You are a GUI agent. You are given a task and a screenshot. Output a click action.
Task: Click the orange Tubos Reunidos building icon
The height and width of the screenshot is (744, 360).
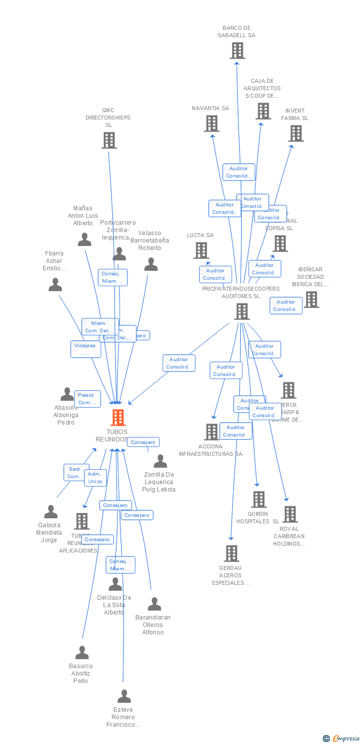click(x=118, y=418)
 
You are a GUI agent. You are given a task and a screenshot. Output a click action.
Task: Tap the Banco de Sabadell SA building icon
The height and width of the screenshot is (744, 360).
click(x=238, y=50)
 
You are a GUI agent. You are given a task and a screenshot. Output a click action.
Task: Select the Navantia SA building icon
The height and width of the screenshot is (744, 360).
click(x=212, y=124)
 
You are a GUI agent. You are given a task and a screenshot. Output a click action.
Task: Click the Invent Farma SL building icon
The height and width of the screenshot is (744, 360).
click(x=296, y=133)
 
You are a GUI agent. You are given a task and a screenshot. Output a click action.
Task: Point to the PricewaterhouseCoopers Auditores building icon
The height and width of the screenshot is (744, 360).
click(x=241, y=311)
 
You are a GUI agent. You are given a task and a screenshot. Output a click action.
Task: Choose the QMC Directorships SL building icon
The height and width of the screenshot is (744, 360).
click(x=109, y=140)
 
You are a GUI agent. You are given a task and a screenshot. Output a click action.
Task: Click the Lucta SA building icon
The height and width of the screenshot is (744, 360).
click(x=201, y=250)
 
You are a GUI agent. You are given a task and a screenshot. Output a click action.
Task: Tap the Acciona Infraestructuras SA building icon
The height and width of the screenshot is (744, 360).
click(x=212, y=432)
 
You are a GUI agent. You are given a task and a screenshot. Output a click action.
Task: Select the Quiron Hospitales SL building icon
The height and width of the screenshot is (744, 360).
click(x=259, y=499)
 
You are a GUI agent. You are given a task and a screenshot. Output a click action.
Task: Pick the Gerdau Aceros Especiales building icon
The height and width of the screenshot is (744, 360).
click(x=232, y=554)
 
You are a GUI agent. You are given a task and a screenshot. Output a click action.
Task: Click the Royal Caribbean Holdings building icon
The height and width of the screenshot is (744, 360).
click(x=290, y=514)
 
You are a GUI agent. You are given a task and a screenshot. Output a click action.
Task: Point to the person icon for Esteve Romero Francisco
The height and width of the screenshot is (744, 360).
click(x=124, y=696)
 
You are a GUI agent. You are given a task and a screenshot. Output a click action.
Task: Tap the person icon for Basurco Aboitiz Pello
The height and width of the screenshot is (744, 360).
click(x=82, y=653)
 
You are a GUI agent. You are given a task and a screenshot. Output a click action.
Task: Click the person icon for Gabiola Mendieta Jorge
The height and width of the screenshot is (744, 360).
click(x=51, y=512)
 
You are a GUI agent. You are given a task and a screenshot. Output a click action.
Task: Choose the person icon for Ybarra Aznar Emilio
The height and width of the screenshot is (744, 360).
click(x=55, y=285)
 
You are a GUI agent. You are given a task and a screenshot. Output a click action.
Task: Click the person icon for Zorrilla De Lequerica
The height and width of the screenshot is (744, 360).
click(x=160, y=461)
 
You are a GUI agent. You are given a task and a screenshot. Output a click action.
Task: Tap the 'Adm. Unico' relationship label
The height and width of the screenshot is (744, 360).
click(x=95, y=478)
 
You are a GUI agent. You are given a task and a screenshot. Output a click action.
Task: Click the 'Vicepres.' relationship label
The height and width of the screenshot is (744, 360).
click(x=85, y=349)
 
